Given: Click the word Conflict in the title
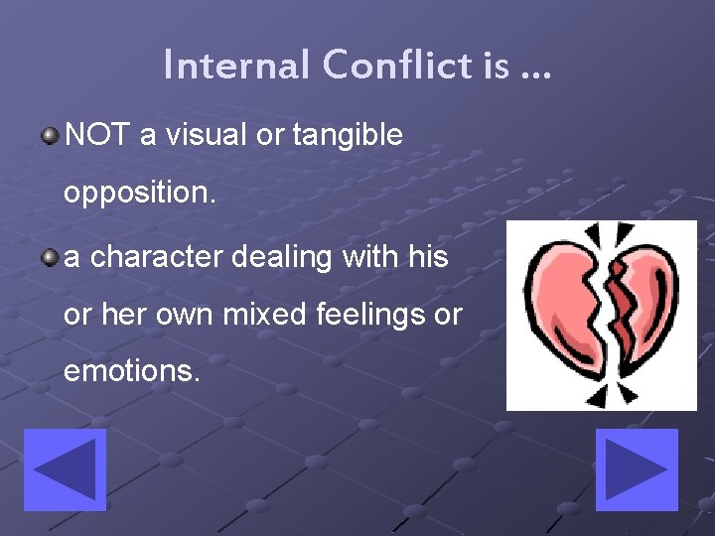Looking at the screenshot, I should [x=396, y=67].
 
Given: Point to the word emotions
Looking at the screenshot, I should [x=131, y=372].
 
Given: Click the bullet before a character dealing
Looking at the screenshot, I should [x=49, y=258].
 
